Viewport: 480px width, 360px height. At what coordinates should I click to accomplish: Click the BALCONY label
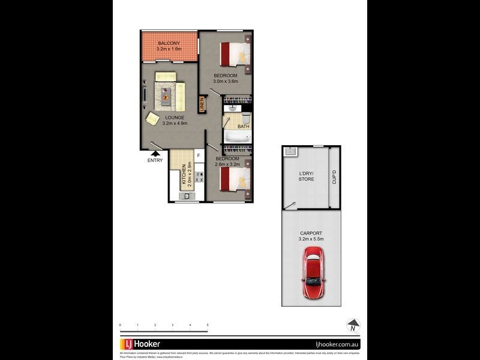tap(169, 44)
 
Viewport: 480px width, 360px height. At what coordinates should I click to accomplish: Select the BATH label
tap(243, 127)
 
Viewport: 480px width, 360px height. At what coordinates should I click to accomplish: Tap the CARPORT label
tap(311, 233)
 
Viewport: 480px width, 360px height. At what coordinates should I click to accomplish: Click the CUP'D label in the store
tap(334, 178)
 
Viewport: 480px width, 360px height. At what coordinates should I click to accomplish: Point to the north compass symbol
tap(354, 326)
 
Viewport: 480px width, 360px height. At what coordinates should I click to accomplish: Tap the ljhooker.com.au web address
tap(337, 344)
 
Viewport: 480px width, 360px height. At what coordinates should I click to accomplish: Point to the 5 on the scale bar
tap(208, 325)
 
